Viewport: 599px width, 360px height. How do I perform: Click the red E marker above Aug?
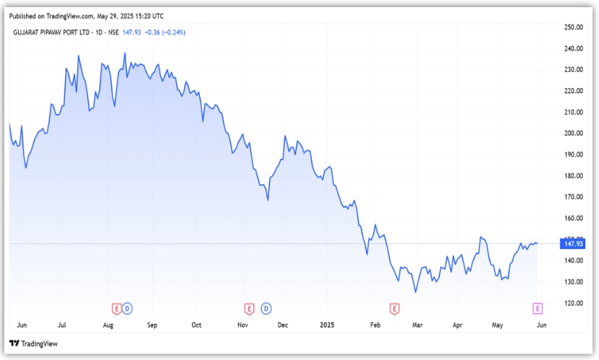pyautogui.click(x=115, y=309)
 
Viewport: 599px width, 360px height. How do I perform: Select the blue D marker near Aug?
pyautogui.click(x=128, y=309)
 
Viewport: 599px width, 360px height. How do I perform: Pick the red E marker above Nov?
pyautogui.click(x=250, y=309)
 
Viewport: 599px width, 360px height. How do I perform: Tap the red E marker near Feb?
pyautogui.click(x=394, y=309)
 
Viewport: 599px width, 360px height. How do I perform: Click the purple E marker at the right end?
pyautogui.click(x=537, y=309)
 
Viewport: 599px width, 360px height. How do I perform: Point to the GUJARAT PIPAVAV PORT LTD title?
pyautogui.click(x=54, y=32)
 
